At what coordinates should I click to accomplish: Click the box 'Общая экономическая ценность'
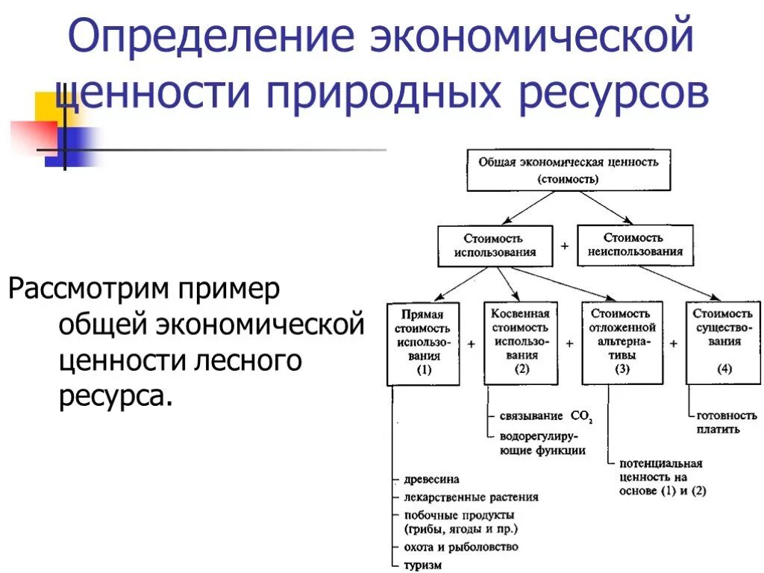point(569,169)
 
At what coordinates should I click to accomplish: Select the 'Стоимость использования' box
point(495,245)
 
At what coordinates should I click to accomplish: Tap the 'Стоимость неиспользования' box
point(634,245)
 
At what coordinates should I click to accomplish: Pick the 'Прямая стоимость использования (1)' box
point(423,342)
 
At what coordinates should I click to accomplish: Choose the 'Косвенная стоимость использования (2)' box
point(520,342)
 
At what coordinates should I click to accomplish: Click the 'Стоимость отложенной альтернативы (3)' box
point(622,342)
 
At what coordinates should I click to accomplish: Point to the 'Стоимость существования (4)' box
point(722,342)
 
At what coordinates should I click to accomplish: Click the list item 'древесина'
point(431,479)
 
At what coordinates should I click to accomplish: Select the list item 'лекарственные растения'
point(471,497)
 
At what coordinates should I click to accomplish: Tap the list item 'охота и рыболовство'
point(460,547)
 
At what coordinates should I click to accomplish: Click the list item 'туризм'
point(423,565)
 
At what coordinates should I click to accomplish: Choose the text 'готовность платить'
point(726,422)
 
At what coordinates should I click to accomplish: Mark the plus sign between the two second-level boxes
point(565,245)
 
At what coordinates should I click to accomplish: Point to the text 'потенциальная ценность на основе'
point(661,477)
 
